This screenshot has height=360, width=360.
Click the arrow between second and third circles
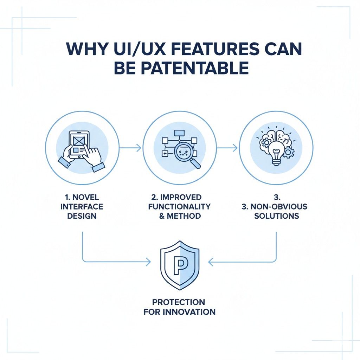click(x=227, y=148)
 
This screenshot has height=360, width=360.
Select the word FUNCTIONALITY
click(x=179, y=206)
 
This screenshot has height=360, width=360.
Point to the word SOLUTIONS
click(x=276, y=216)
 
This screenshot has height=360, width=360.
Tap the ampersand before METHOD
click(x=162, y=216)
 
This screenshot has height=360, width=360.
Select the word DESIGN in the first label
click(x=81, y=216)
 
